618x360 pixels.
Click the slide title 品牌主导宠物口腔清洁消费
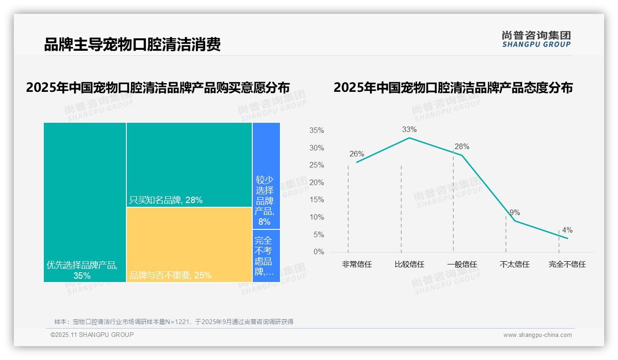pos(132,44)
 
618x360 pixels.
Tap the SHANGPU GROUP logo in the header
pos(536,39)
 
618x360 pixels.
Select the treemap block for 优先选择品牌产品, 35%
pos(85,202)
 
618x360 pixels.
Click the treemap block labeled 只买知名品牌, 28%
pos(189,164)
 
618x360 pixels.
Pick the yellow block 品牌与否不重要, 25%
pos(189,245)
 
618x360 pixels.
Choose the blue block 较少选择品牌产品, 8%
pos(266,176)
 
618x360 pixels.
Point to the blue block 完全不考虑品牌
pos(266,256)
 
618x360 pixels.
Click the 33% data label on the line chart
pos(409,130)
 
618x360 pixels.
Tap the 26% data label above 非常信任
pos(357,154)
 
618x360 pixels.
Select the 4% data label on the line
pos(567,230)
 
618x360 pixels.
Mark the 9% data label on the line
pos(515,213)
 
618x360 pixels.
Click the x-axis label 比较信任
pos(409,264)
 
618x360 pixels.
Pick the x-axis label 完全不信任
pos(567,264)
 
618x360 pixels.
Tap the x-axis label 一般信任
pos(462,264)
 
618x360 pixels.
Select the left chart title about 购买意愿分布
pos(158,88)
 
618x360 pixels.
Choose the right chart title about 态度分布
pos(453,88)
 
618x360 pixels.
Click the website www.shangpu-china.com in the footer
pos(537,335)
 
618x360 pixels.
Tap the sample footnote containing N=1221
pos(174,322)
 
